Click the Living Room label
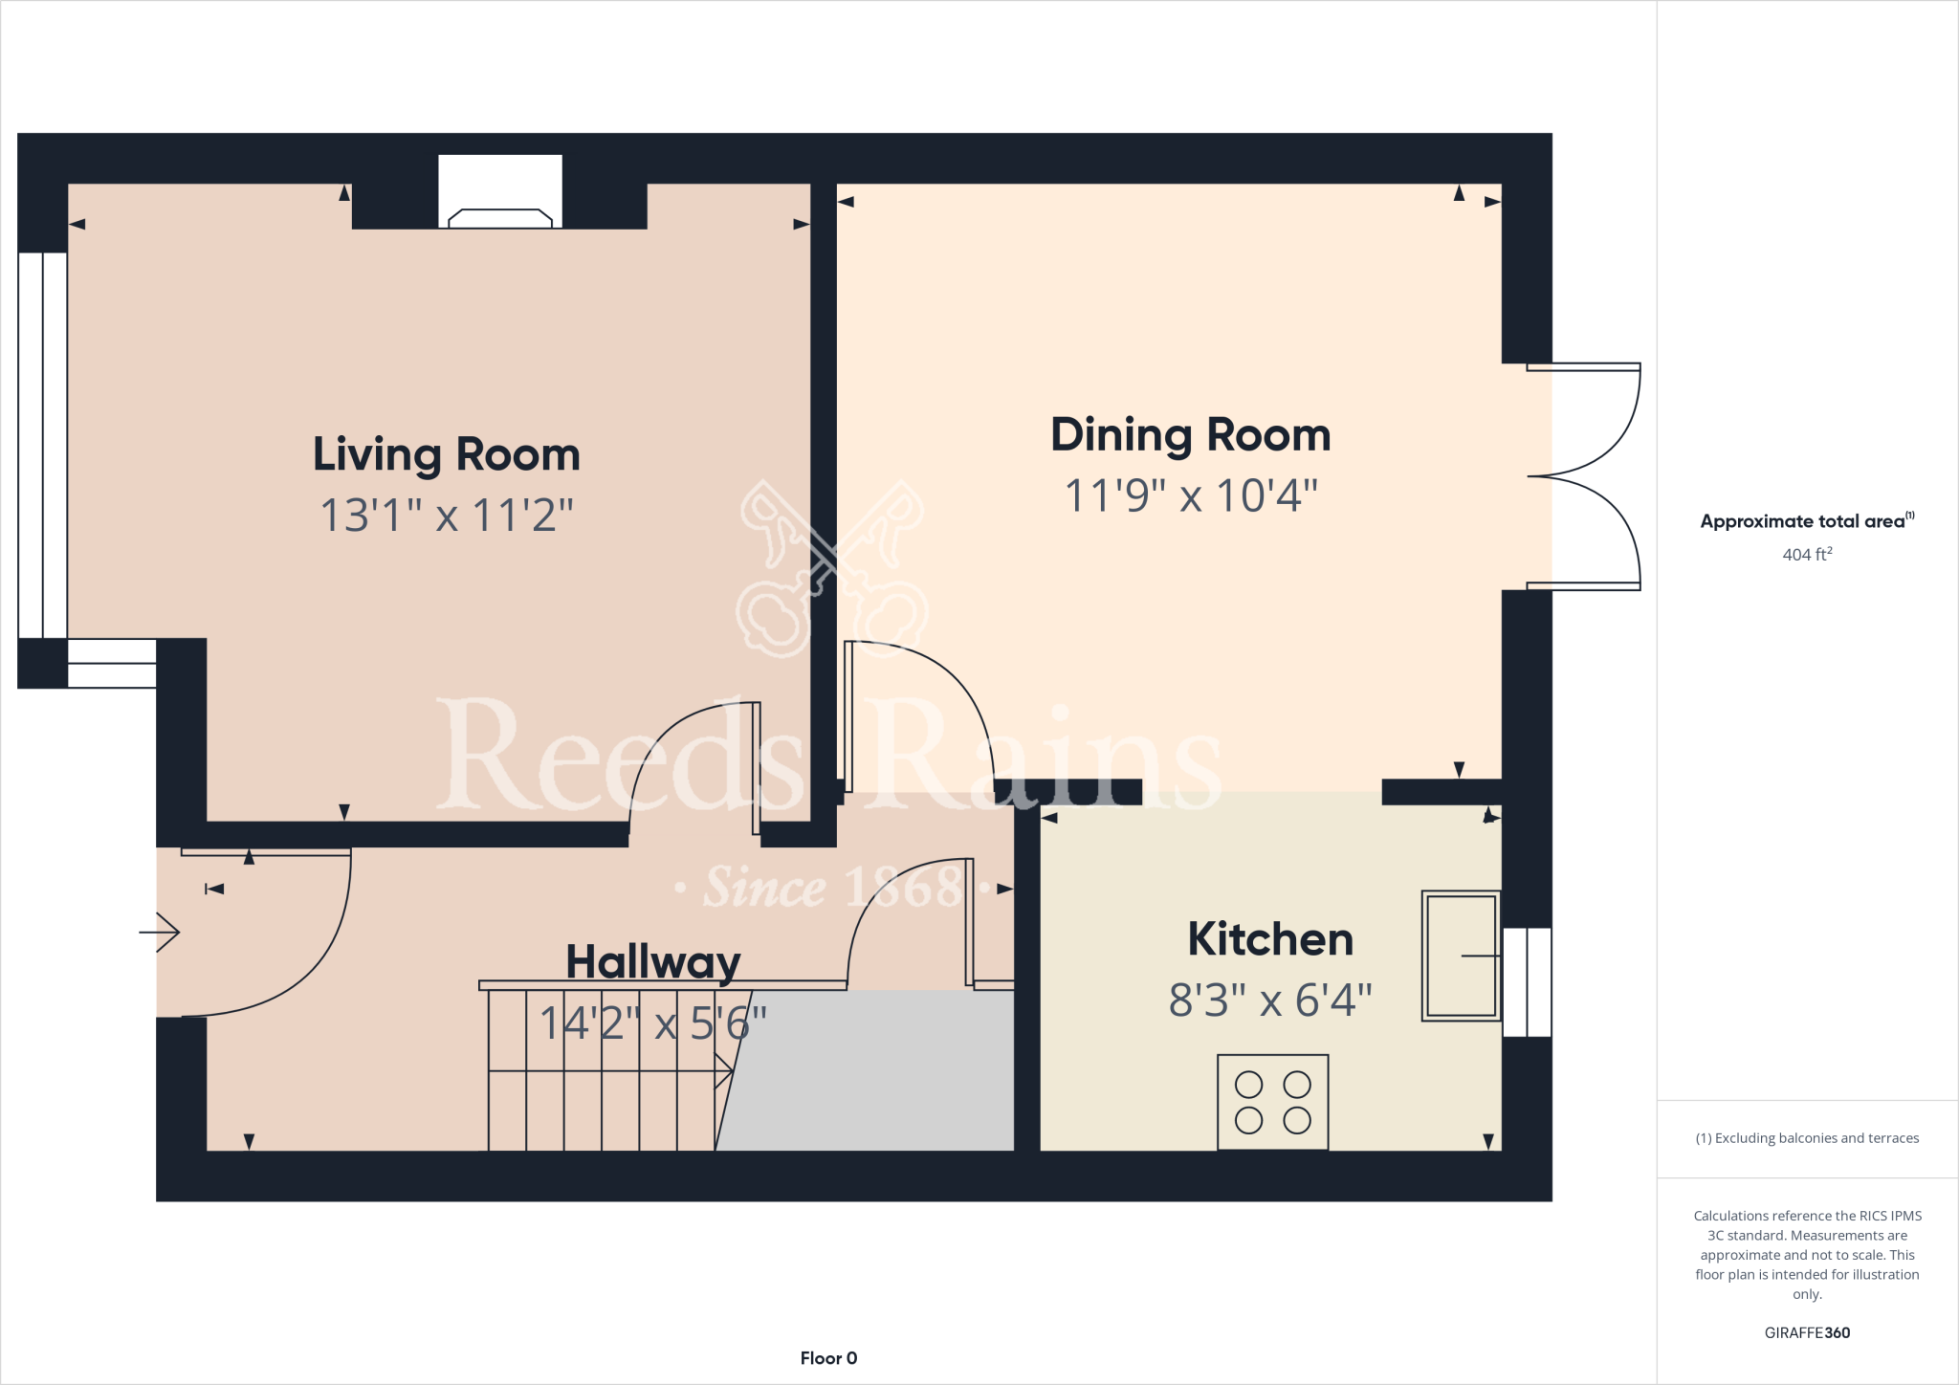[447, 454]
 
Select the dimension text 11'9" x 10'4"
[1191, 495]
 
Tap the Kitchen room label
[1270, 939]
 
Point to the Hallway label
[653, 961]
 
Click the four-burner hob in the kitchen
[1272, 1102]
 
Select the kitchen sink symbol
[1460, 956]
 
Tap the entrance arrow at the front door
[161, 932]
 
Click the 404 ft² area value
[1807, 555]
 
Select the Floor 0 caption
[828, 1358]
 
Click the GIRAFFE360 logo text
[1807, 1332]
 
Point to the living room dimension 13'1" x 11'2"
[447, 516]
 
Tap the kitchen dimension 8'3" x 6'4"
[1270, 1000]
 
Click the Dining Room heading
[1191, 435]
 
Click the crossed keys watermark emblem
[832, 569]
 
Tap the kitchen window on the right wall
[1527, 982]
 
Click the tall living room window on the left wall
[42, 445]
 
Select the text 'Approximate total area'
[1803, 521]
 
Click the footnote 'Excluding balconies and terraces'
[1807, 1138]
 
